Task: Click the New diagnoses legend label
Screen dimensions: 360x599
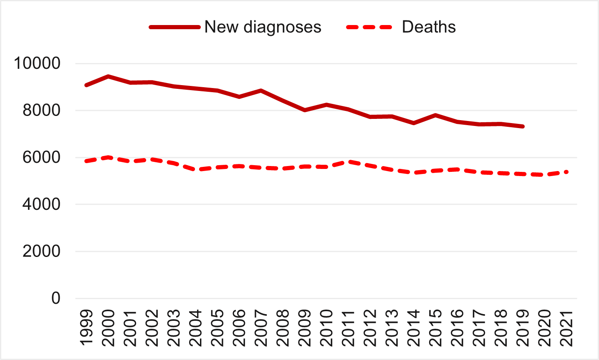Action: [263, 27]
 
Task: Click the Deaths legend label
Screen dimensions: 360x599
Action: [429, 27]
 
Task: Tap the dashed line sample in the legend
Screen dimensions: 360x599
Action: [369, 27]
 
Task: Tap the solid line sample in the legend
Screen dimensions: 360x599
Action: [174, 27]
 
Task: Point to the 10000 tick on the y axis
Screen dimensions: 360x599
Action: [37, 64]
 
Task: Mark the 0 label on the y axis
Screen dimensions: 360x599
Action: [56, 298]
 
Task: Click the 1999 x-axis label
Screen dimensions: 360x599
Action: [86, 327]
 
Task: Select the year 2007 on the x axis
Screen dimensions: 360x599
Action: [261, 327]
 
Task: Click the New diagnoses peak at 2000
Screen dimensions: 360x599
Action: [108, 76]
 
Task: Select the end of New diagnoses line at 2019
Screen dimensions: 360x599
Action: [523, 126]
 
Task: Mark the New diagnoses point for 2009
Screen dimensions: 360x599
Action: [305, 110]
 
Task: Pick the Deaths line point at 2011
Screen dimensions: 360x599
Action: [348, 161]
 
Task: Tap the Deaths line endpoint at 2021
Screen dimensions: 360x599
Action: [566, 172]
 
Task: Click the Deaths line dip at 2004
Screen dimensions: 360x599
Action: [195, 170]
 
